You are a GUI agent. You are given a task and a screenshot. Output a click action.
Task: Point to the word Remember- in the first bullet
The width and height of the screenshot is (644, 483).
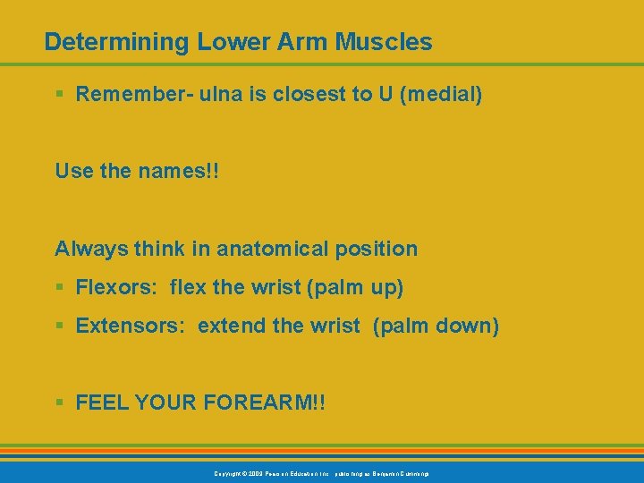pos(126,94)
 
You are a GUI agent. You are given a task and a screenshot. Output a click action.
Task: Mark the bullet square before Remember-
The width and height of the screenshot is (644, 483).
pos(59,95)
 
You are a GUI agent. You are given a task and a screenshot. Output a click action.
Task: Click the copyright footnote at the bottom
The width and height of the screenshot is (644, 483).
pos(321,472)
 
